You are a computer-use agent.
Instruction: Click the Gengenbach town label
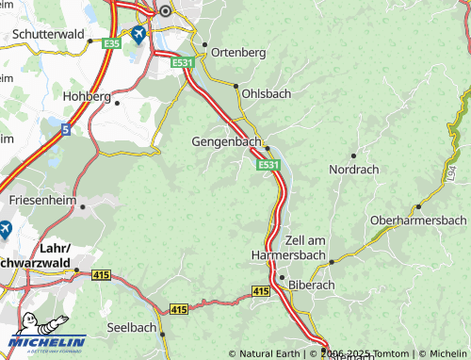(x=226, y=140)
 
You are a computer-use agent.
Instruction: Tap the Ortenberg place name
(x=239, y=52)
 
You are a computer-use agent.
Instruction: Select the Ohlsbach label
(x=267, y=94)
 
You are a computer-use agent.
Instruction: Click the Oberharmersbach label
(x=418, y=220)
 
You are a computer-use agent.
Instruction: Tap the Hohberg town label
(x=87, y=96)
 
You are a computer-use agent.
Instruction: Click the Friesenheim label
(x=41, y=201)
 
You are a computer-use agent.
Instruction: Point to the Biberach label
(x=312, y=283)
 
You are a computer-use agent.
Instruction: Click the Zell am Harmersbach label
(x=290, y=248)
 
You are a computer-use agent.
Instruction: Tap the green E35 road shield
(x=111, y=43)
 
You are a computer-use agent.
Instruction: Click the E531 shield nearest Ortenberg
(x=183, y=62)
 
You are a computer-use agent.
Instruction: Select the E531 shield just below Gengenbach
(x=268, y=165)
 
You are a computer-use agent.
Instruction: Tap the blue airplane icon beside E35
(x=139, y=35)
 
